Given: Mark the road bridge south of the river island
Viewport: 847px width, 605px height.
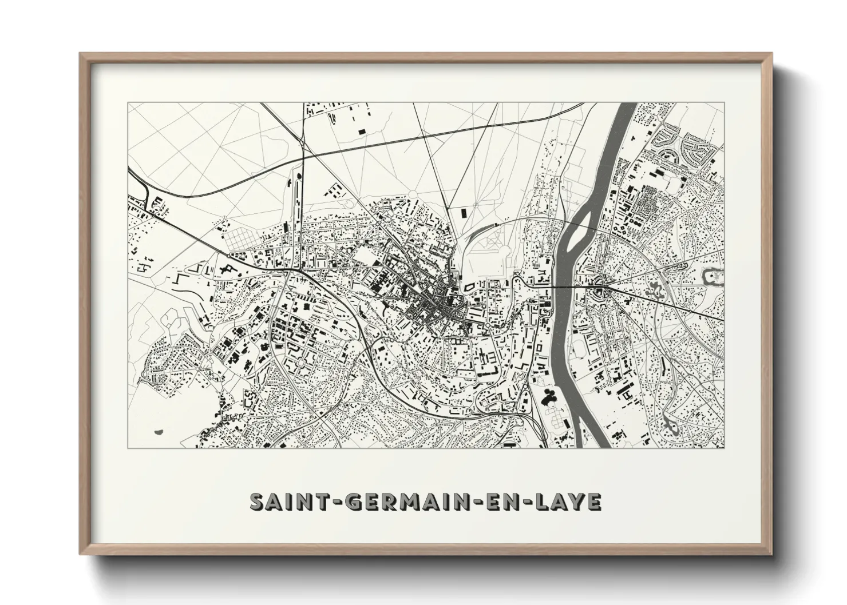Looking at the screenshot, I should point(564,284).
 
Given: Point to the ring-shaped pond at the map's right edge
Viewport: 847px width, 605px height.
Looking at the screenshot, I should point(714,276).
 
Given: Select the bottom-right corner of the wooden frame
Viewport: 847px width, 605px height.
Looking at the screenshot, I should point(770,554).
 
